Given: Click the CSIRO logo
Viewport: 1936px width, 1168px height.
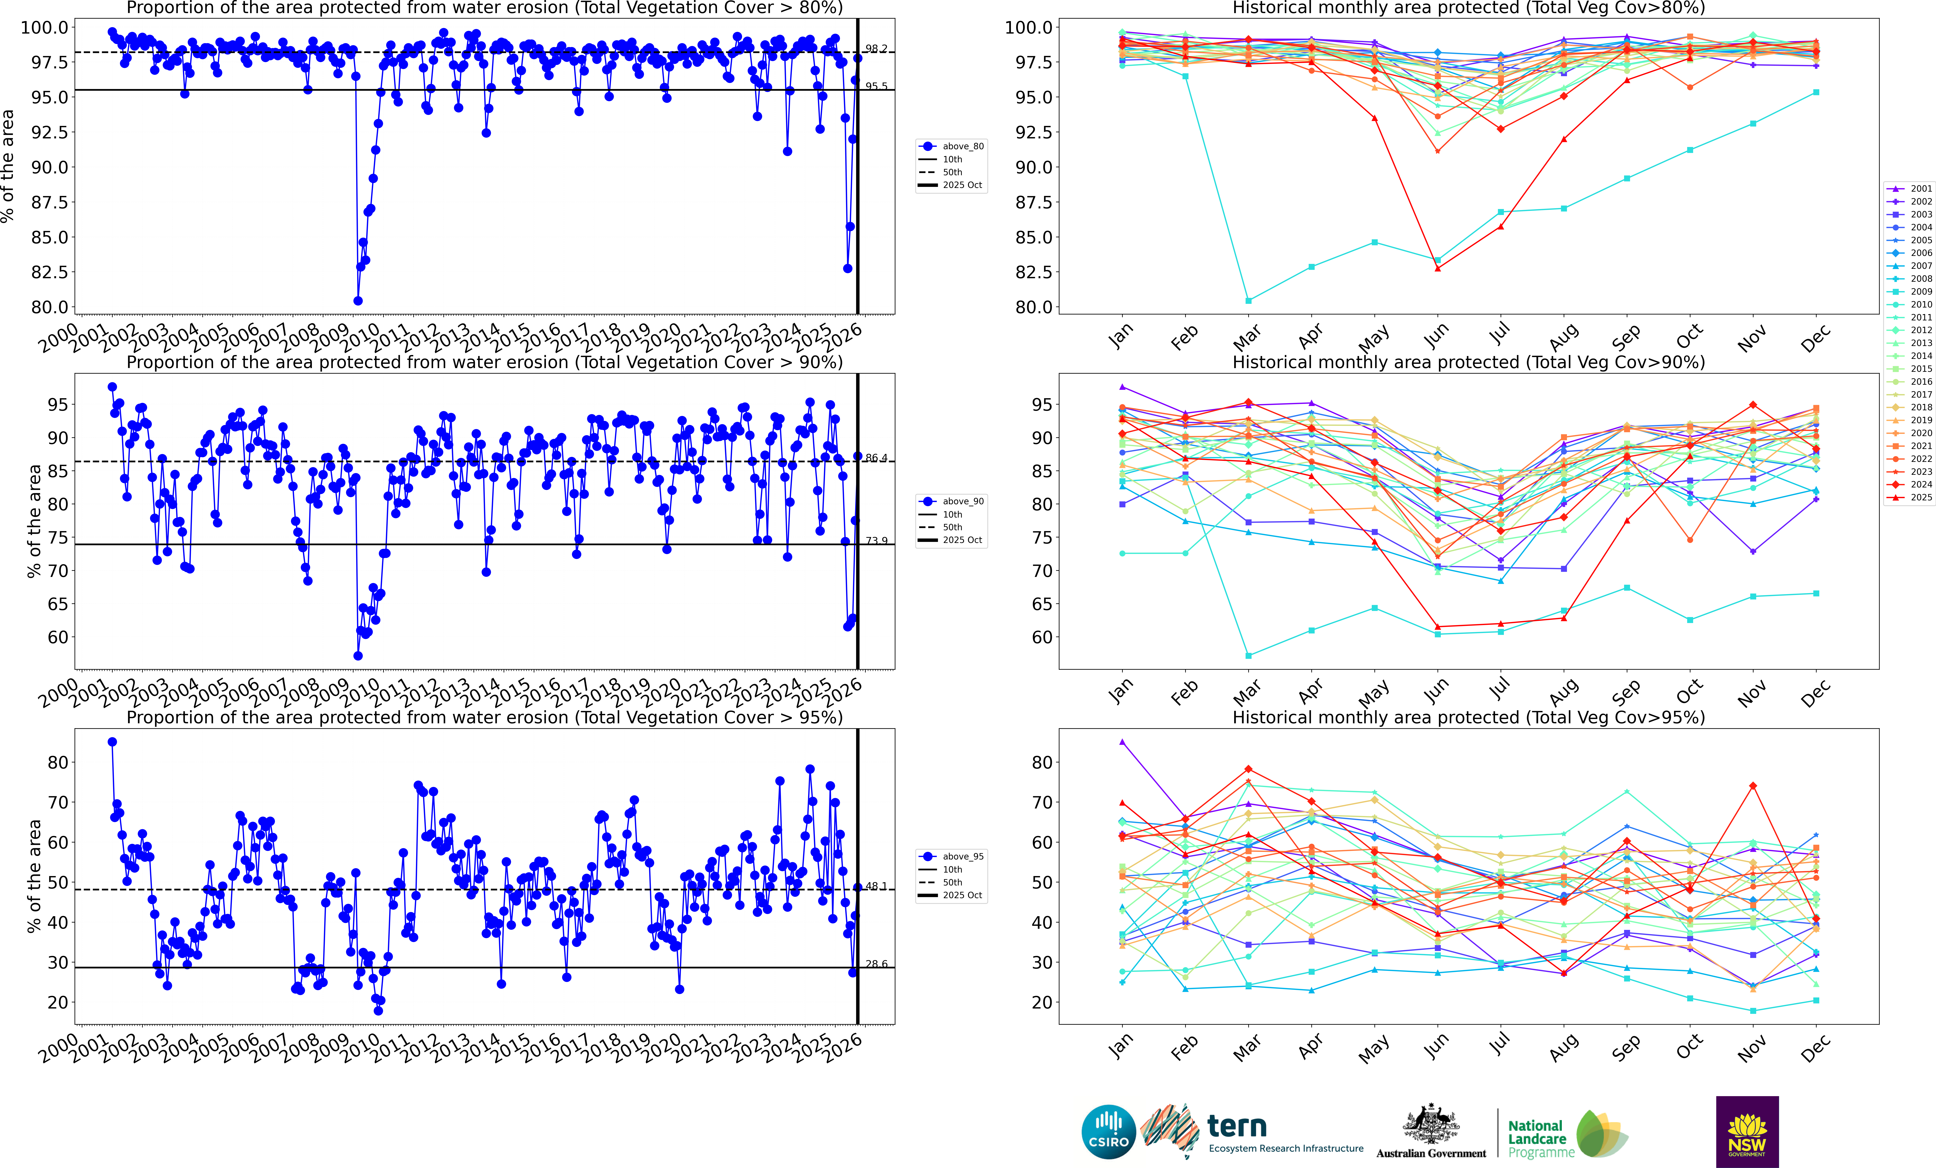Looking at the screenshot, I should click(1109, 1132).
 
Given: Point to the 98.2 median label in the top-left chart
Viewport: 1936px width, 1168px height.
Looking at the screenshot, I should click(876, 49).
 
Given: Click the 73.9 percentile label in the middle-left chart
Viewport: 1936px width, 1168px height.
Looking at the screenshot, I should click(876, 540).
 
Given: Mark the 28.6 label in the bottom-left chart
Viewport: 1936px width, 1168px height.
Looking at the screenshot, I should click(876, 964).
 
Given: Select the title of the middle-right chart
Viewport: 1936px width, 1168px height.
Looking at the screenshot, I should click(1468, 362).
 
